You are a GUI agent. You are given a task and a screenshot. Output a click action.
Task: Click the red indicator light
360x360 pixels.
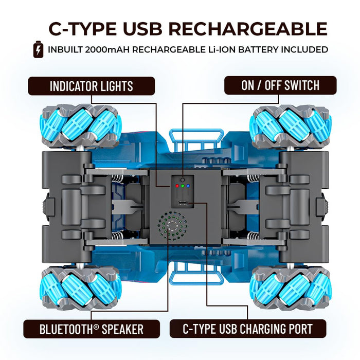click(177, 186)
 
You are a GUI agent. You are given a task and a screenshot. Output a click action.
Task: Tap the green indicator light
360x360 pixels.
click(183, 186)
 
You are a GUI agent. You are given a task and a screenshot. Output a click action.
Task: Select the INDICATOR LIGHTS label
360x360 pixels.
click(92, 85)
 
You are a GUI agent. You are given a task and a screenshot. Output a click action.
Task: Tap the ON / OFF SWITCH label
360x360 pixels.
click(280, 85)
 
